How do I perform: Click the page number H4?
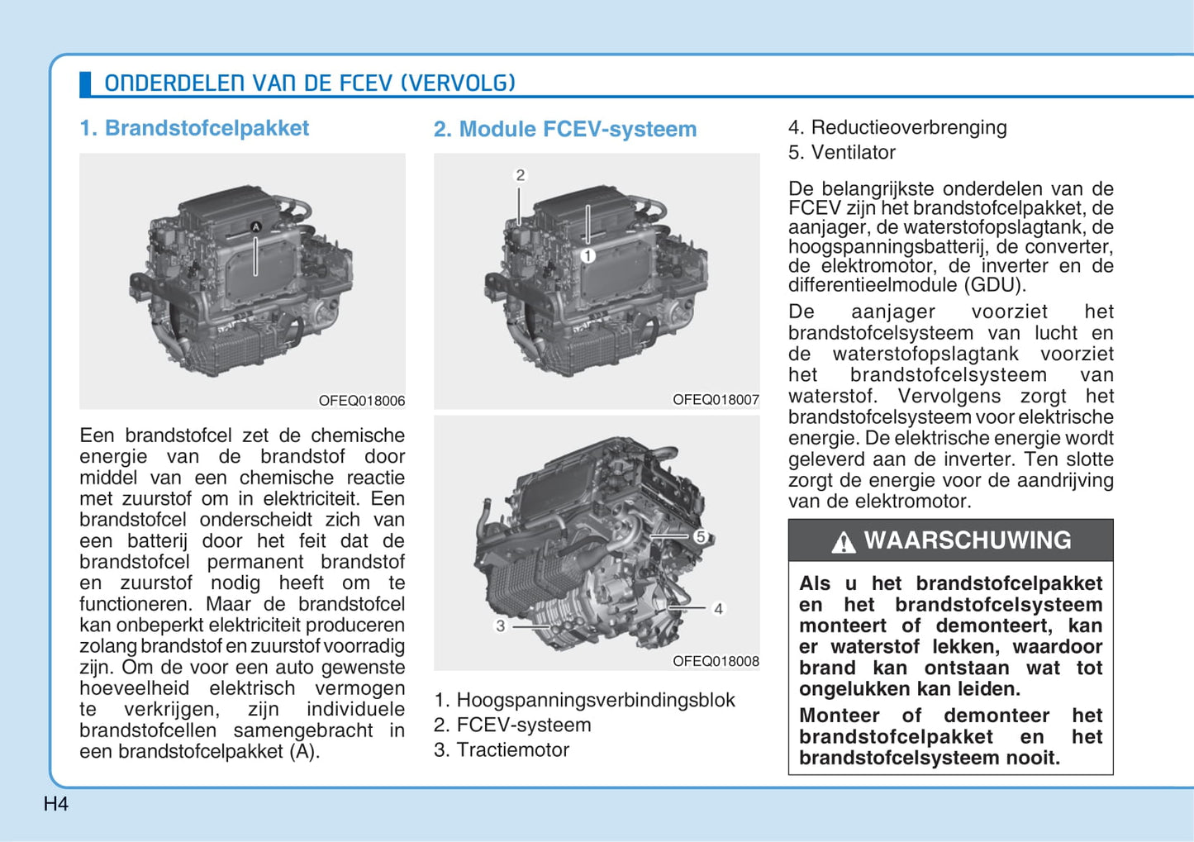[55, 804]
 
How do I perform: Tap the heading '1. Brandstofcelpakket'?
[194, 128]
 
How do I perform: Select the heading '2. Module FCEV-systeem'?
[565, 129]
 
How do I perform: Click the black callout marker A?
[256, 227]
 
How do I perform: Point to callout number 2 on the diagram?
[521, 175]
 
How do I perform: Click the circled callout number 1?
[587, 256]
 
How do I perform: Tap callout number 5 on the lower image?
[701, 536]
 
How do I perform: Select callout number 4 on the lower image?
[718, 609]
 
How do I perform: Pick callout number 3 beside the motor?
[500, 626]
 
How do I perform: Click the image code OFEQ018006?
[361, 401]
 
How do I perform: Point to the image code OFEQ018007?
[716, 400]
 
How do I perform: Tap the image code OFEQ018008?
[716, 661]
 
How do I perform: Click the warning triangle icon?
[844, 542]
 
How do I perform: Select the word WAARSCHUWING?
[968, 540]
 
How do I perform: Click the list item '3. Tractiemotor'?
[502, 749]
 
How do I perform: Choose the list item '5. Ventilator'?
[842, 152]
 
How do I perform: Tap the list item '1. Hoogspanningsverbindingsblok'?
[584, 700]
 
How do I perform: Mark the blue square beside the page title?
[85, 83]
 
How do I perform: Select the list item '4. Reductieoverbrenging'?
[897, 128]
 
